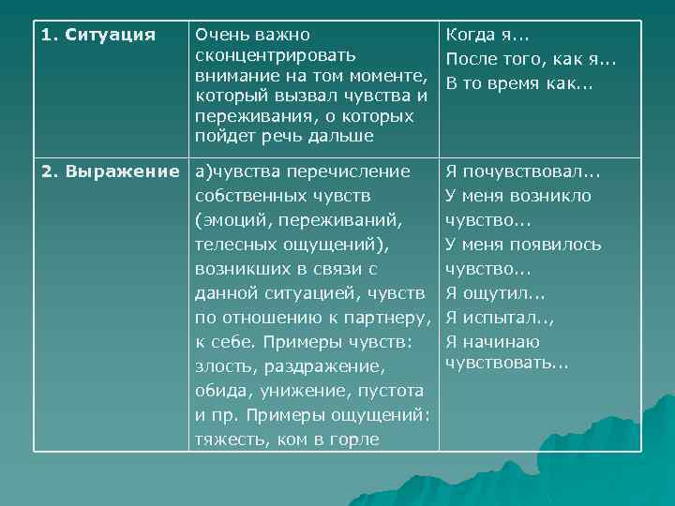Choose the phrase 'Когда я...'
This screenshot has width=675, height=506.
(487, 36)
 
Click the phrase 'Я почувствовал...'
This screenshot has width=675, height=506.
(523, 172)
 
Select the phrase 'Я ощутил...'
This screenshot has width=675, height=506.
(489, 292)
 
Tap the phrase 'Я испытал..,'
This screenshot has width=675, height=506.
(500, 317)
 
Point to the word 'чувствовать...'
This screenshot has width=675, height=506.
(507, 364)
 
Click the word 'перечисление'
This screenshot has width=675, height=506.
(358, 171)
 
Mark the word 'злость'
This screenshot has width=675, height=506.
(226, 366)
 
